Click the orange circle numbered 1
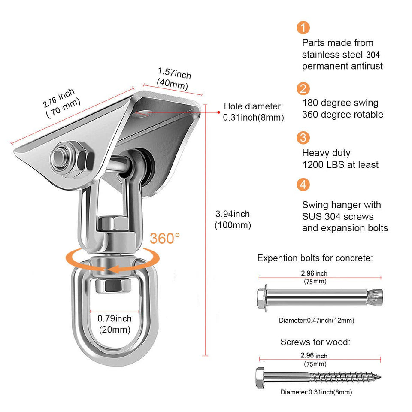pyautogui.click(x=303, y=28)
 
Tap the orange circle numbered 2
pyautogui.click(x=303, y=89)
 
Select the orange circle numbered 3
pyautogui.click(x=303, y=138)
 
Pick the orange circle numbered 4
pyautogui.click(x=303, y=185)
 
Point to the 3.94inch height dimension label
pyautogui.click(x=233, y=219)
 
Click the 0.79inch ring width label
pyautogui.click(x=115, y=324)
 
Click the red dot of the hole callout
pyautogui.click(x=218, y=112)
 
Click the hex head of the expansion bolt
pyautogui.click(x=261, y=296)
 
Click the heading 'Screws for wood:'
pyautogui.click(x=315, y=342)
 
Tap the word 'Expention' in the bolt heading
pyautogui.click(x=275, y=258)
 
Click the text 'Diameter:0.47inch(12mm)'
pyautogui.click(x=316, y=321)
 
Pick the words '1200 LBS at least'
pyautogui.click(x=340, y=164)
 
